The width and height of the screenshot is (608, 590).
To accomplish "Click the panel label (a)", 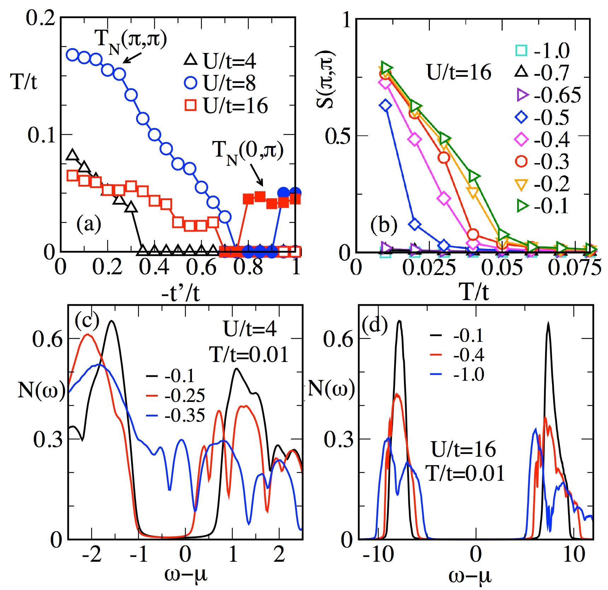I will click(x=89, y=224).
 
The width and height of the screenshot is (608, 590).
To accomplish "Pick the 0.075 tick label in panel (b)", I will click(x=574, y=269).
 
